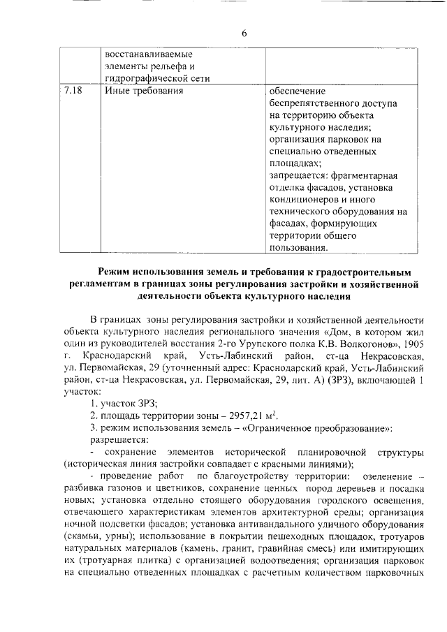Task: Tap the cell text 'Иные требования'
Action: click(143, 91)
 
